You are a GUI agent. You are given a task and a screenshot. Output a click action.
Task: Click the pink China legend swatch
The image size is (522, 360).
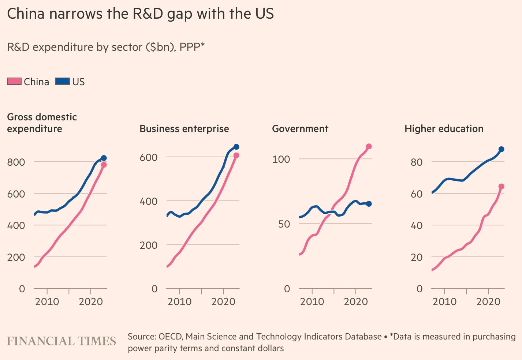click(x=14, y=81)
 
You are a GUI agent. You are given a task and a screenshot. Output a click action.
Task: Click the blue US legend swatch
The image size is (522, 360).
click(x=63, y=81)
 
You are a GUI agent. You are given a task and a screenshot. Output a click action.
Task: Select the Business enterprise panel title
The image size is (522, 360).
click(x=184, y=129)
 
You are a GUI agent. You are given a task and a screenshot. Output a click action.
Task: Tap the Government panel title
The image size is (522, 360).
click(x=300, y=129)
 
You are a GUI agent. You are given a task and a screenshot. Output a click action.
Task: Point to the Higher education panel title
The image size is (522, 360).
click(x=444, y=129)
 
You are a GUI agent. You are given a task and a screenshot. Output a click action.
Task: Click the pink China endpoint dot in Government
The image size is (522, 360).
click(x=369, y=146)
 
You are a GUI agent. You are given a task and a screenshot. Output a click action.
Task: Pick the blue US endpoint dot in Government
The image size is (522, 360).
click(x=369, y=204)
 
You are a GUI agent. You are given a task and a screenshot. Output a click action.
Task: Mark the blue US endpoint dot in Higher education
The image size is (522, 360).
click(x=501, y=149)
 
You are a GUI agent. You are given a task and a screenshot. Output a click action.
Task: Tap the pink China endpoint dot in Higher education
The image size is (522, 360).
click(x=501, y=187)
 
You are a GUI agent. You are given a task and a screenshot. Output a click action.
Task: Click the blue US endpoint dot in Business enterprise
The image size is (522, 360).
click(x=236, y=147)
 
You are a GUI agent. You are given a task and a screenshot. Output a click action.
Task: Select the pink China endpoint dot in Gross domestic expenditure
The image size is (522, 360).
click(x=104, y=165)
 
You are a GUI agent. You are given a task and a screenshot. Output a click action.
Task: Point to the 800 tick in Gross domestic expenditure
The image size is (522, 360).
click(x=16, y=162)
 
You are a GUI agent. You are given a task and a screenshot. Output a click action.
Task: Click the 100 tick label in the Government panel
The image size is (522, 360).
click(x=281, y=159)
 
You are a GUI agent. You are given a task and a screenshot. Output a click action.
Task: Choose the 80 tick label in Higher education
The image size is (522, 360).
click(x=417, y=162)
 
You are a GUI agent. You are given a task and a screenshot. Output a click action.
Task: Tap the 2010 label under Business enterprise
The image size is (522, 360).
click(x=179, y=301)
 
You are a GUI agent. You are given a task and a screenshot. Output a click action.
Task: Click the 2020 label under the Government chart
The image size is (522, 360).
click(x=356, y=301)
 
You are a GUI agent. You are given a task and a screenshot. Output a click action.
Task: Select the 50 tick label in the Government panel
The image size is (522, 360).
click(x=284, y=224)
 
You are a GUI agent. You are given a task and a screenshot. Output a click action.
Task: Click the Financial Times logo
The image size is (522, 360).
click(x=61, y=341)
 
